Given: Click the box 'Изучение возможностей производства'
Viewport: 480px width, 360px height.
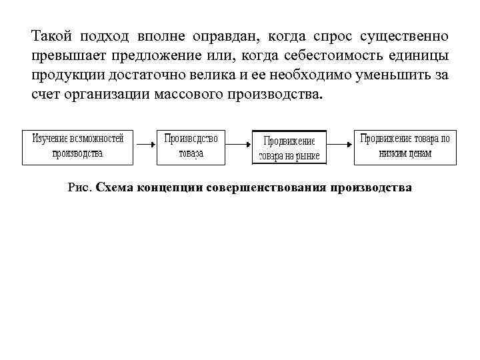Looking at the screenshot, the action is coord(78,146).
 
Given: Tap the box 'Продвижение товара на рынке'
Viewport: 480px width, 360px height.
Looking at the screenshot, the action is coord(289,148).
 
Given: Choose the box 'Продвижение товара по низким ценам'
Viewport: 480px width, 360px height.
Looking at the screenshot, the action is coord(405,146).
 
